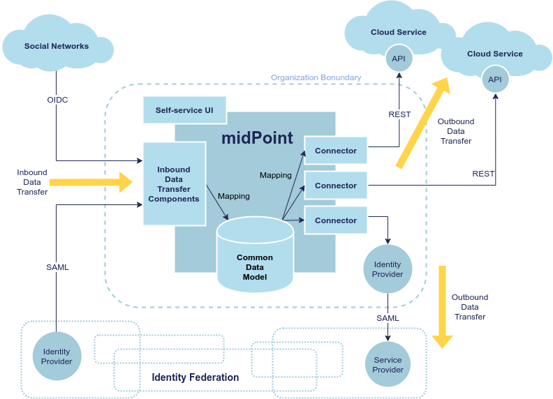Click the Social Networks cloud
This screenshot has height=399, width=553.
tap(57, 46)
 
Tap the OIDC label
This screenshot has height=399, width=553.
tap(57, 100)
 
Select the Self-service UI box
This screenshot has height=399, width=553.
tap(184, 110)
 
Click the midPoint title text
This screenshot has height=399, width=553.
tap(257, 137)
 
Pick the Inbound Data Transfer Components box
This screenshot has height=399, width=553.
tap(174, 184)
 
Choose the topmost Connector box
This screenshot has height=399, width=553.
tap(336, 151)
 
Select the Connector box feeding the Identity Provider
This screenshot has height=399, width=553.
tap(336, 220)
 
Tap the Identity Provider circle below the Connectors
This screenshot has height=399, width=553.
tap(388, 269)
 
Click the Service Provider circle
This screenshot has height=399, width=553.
tap(388, 365)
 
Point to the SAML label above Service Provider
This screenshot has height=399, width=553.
tap(388, 318)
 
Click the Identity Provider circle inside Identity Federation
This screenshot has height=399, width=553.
tap(57, 356)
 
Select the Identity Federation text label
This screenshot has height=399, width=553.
tap(196, 377)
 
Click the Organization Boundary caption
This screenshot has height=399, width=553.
tap(316, 77)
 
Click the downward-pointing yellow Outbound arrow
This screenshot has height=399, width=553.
tap(442, 307)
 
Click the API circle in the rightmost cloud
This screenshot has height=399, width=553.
tap(494, 80)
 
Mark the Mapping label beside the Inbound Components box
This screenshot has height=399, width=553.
tap(233, 196)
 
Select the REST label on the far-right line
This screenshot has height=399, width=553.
tap(483, 174)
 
